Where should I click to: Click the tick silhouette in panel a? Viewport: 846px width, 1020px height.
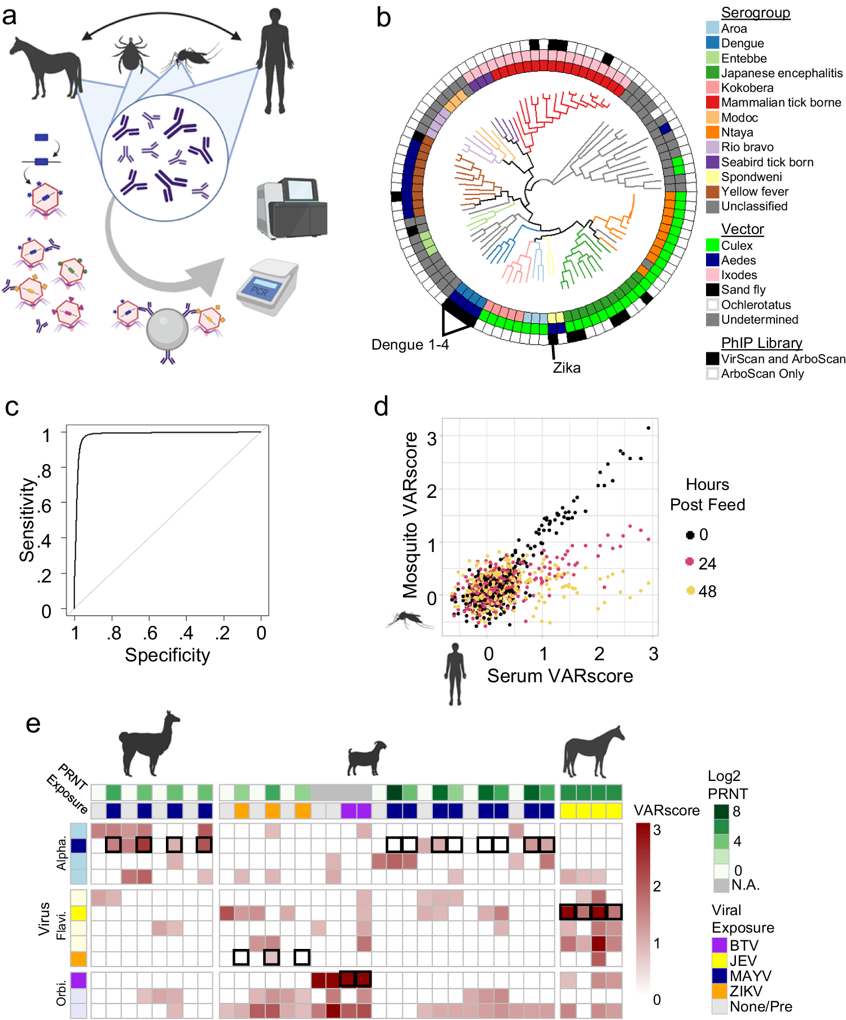click(x=131, y=54)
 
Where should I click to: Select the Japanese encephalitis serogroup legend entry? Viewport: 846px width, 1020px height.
click(x=782, y=73)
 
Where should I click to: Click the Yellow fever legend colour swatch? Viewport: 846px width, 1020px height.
click(x=712, y=192)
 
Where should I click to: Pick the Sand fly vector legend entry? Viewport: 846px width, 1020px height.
click(x=743, y=290)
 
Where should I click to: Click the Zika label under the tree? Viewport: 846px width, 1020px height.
click(x=566, y=368)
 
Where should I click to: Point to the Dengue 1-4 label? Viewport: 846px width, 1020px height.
click(x=410, y=345)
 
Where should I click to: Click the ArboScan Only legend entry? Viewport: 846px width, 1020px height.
click(x=762, y=374)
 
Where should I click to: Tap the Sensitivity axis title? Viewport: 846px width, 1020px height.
click(x=27, y=520)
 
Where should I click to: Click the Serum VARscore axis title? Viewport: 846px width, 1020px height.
click(x=560, y=675)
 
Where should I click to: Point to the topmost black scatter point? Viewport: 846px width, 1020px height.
click(x=648, y=428)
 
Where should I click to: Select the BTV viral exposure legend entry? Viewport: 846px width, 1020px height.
click(x=744, y=946)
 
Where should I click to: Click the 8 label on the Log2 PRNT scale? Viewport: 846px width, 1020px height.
click(x=737, y=811)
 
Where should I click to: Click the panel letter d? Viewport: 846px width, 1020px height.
click(x=381, y=407)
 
